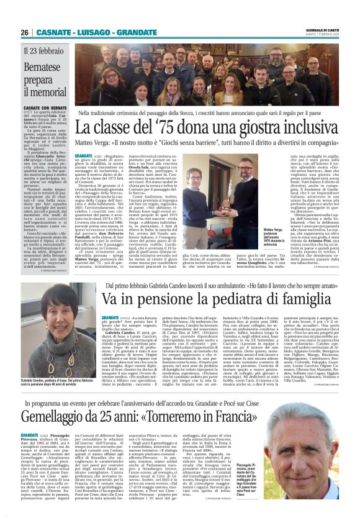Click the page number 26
[x=24, y=32]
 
